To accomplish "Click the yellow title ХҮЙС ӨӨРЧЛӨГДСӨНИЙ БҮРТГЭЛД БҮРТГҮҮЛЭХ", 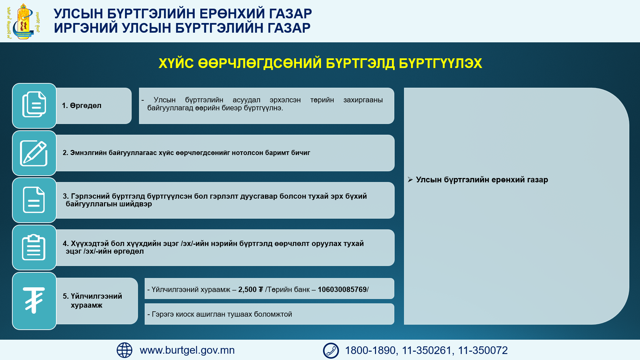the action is point(320,63).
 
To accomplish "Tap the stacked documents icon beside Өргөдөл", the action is point(34,104).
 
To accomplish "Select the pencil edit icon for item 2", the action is point(34,153).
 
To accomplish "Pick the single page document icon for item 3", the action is point(34,200).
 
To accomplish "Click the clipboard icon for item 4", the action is point(34,247).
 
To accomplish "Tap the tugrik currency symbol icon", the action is point(34,300).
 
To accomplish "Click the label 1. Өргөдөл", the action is point(82,106).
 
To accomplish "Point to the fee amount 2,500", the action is point(247,289).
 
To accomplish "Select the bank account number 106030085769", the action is point(342,289).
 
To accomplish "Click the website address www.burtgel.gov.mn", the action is point(187,350).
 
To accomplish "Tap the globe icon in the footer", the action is point(124,350).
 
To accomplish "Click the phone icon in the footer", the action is point(331,351).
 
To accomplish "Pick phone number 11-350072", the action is point(483,350).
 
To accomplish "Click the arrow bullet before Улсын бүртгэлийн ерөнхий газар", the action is point(410,180).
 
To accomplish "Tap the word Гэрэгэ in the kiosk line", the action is point(163,314).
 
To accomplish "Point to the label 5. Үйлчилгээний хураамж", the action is point(92,301).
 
